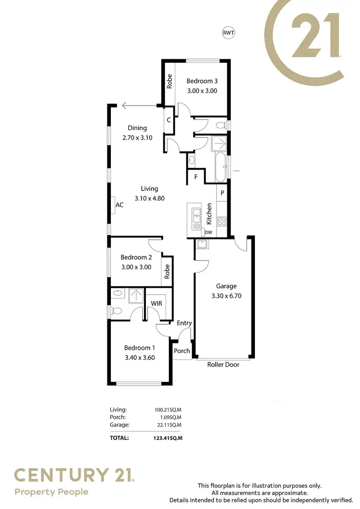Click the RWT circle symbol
tap(228, 33)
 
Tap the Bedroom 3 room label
tap(202, 81)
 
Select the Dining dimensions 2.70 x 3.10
tap(137, 137)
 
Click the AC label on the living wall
tap(120, 205)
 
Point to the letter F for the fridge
tap(196, 177)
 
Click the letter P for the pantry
tap(222, 193)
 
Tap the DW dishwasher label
tap(208, 232)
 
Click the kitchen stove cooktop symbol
tap(222, 221)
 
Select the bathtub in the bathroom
tap(220, 167)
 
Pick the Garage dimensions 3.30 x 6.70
tap(226, 296)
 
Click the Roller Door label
tap(223, 365)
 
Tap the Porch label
tap(182, 351)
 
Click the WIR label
tap(156, 304)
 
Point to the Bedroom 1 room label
tap(139, 348)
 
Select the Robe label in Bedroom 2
tap(168, 272)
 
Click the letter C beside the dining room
tap(169, 120)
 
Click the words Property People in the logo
tap(51, 492)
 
